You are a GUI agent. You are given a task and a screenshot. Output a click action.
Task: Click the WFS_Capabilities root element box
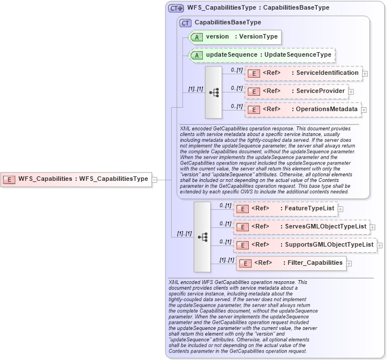[x=76, y=179]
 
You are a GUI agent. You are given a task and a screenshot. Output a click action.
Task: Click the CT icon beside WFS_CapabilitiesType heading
[x=176, y=9]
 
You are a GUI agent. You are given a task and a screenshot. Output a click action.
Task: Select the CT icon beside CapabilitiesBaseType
[x=185, y=23]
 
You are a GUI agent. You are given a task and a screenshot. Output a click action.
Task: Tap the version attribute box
[x=235, y=37]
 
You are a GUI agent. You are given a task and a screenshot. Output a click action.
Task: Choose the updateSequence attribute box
[x=261, y=55]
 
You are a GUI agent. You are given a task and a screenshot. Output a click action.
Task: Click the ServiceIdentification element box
[x=303, y=73]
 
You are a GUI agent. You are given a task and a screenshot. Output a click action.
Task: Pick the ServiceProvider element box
[x=296, y=91]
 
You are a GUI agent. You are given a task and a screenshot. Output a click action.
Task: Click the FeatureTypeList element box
[x=286, y=209]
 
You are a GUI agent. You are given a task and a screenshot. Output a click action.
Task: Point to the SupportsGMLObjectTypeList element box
[x=305, y=245]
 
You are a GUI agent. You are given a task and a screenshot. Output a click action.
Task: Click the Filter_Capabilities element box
[x=291, y=263]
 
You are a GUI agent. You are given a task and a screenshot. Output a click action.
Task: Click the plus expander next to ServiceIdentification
[x=365, y=74]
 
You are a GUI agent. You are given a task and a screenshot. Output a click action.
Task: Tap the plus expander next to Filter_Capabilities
[x=350, y=264]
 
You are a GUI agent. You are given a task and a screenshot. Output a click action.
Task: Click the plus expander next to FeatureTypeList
[x=341, y=209]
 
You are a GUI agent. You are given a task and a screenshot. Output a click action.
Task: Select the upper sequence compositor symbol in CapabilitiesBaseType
[x=214, y=92]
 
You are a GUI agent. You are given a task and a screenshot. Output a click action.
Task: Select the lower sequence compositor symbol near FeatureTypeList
[x=202, y=236]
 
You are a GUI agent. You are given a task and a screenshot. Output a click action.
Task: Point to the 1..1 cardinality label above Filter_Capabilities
[x=227, y=260]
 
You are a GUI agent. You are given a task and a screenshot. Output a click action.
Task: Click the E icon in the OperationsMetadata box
[x=255, y=109]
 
